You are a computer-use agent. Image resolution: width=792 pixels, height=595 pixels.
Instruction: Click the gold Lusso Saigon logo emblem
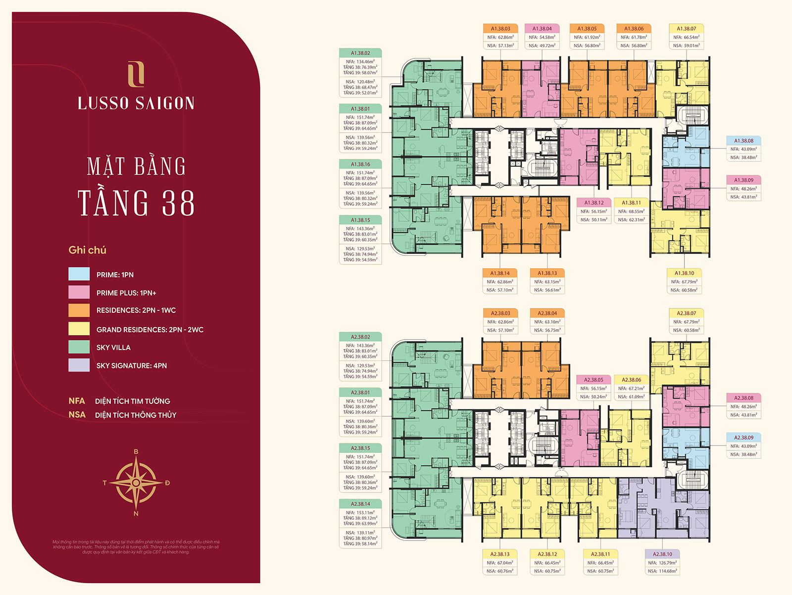point(136,74)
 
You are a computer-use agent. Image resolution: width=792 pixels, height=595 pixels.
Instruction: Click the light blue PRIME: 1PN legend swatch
point(79,274)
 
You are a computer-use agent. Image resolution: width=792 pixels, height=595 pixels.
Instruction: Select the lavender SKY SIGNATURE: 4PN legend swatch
point(79,365)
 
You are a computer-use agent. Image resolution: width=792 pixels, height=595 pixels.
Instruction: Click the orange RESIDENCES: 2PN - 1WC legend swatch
point(79,310)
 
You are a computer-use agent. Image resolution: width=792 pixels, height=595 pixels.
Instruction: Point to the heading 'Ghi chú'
point(88,250)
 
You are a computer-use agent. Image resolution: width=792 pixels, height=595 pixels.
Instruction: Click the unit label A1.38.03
point(500,29)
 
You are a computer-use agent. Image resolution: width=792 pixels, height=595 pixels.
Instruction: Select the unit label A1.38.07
point(687,29)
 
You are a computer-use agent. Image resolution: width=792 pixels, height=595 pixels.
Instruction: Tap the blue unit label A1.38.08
point(743,141)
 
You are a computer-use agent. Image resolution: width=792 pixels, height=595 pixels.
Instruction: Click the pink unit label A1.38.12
point(594,202)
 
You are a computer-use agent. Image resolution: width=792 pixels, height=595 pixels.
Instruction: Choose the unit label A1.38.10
point(684,273)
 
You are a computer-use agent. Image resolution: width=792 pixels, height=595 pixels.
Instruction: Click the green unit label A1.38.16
point(360,164)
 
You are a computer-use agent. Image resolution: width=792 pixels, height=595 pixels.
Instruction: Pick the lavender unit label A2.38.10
point(662,554)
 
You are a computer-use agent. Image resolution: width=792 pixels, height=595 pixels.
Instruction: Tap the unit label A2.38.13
point(500,554)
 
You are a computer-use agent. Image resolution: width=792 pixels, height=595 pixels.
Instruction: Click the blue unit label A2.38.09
point(743,438)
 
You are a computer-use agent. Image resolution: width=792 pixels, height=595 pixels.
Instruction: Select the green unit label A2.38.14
point(360,504)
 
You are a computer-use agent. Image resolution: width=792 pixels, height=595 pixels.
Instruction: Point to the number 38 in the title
point(178,203)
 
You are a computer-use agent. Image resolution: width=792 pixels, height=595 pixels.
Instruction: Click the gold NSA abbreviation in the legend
point(77,415)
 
